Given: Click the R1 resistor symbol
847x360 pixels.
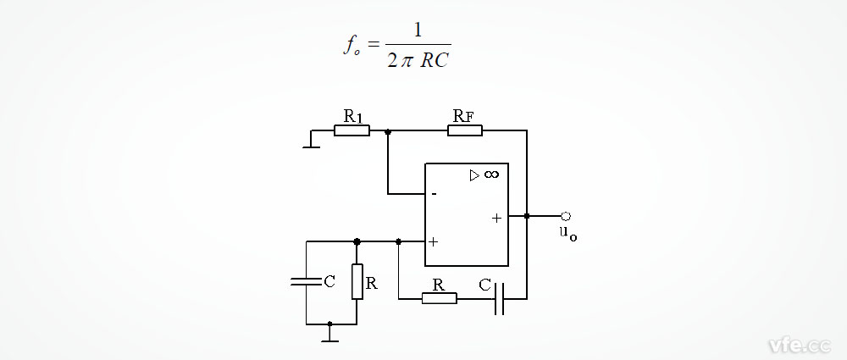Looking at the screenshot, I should pyautogui.click(x=352, y=131).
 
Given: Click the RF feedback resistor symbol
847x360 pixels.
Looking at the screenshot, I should pyautogui.click(x=465, y=130).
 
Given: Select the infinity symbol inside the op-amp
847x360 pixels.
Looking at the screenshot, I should pyautogui.click(x=491, y=174).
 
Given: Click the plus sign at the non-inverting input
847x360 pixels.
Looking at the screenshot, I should pyautogui.click(x=433, y=241).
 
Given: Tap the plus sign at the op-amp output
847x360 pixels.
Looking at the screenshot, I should pyautogui.click(x=496, y=218).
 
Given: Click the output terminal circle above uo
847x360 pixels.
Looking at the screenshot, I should pyautogui.click(x=565, y=216).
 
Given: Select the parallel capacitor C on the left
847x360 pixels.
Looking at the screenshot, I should pyautogui.click(x=306, y=281).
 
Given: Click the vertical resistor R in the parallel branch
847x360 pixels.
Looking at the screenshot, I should pyautogui.click(x=357, y=281).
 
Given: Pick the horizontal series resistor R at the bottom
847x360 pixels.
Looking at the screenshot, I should pyautogui.click(x=439, y=298).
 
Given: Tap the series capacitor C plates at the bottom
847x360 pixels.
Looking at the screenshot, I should pyautogui.click(x=500, y=298).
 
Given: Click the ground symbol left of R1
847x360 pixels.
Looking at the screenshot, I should pyautogui.click(x=311, y=145).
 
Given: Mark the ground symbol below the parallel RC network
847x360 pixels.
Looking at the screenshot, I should pyautogui.click(x=330, y=339).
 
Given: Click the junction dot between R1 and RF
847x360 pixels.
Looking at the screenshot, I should pyautogui.click(x=388, y=131).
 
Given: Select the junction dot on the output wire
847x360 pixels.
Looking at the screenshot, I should pyautogui.click(x=527, y=216).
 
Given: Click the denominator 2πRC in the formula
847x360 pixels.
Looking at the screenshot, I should pyautogui.click(x=417, y=60).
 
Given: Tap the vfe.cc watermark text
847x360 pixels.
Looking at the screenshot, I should pyautogui.click(x=798, y=345).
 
